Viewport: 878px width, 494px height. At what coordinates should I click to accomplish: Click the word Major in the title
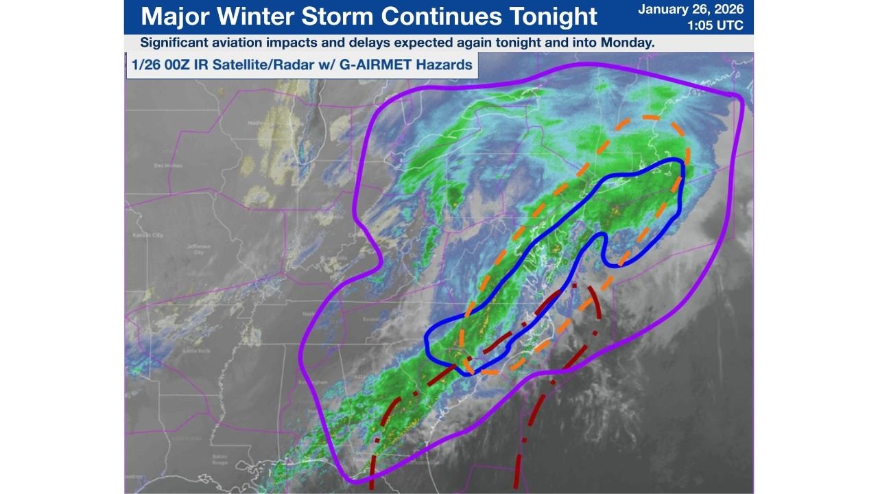(x=173, y=16)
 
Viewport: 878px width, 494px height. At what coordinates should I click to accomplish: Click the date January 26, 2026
(x=691, y=10)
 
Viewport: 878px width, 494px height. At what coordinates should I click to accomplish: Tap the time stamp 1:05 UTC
(x=715, y=26)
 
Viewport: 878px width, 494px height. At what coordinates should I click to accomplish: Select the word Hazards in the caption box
(x=448, y=66)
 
